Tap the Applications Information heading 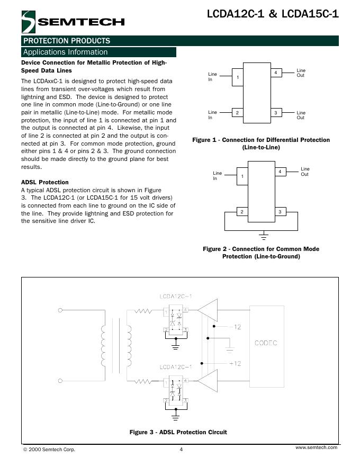click(x=66, y=52)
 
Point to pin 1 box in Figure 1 click(x=238, y=77)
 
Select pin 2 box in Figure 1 click(x=238, y=113)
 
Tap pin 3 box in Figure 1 click(x=276, y=113)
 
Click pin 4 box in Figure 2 click(x=280, y=172)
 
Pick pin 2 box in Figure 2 click(x=241, y=212)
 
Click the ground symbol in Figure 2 click(x=262, y=233)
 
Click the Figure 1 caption click(x=261, y=144)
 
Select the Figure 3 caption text click(x=178, y=432)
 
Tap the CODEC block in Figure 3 click(x=266, y=343)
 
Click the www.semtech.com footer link click(x=316, y=448)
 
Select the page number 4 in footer click(x=181, y=450)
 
